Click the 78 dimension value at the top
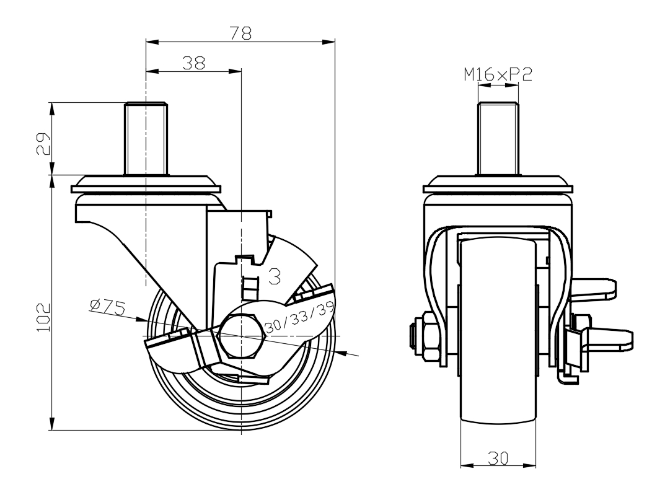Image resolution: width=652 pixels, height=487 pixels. [240, 33]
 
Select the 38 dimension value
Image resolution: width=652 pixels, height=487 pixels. [194, 63]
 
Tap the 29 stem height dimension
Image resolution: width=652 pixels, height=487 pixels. [43, 144]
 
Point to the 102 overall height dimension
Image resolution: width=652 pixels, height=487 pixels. [43, 317]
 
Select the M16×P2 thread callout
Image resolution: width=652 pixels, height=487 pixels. [498, 75]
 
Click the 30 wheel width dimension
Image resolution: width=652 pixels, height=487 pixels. [498, 458]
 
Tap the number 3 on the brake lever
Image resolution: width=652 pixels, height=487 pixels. [275, 276]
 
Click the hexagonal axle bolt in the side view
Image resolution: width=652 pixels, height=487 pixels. [242, 336]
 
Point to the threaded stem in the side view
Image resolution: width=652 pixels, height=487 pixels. [146, 138]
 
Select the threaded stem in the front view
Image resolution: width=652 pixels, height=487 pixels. [498, 139]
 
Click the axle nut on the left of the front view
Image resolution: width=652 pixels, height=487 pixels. [430, 336]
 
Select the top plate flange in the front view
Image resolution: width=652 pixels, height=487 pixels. [498, 185]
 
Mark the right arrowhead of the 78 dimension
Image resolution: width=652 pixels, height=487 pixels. [329, 42]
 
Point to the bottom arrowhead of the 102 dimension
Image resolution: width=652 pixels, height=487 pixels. [52, 424]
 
